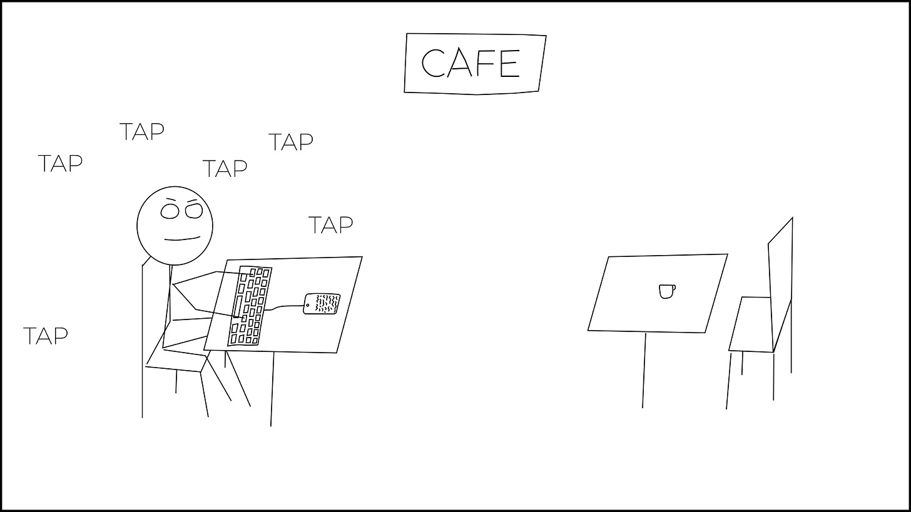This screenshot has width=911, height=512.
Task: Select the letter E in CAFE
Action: click(509, 63)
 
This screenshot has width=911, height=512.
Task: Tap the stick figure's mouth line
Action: click(182, 239)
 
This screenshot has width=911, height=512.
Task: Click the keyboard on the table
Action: click(250, 306)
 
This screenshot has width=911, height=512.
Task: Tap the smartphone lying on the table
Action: click(322, 304)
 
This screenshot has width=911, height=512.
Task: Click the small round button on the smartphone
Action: click(307, 305)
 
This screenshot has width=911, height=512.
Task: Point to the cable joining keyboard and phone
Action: click(285, 307)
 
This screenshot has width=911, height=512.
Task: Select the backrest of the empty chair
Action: click(781, 284)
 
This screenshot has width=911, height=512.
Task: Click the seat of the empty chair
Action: click(751, 324)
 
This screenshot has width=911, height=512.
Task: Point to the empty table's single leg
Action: click(644, 370)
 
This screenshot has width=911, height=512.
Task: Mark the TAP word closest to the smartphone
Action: click(330, 224)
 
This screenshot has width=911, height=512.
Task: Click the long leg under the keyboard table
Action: click(272, 389)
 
